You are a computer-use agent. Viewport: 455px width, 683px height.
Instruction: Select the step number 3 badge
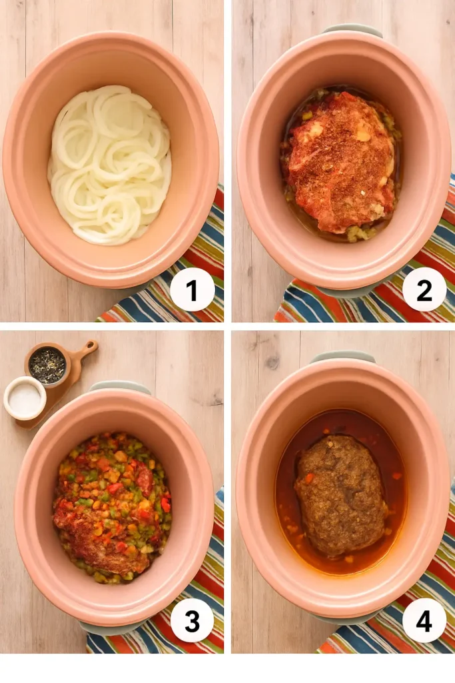[192, 621]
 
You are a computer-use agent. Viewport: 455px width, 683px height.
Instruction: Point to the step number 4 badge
[424, 620]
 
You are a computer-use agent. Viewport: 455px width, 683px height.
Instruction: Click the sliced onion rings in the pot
[110, 164]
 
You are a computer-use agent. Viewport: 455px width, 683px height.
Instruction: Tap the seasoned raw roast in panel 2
[341, 160]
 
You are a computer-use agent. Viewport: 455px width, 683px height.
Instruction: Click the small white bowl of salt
[25, 398]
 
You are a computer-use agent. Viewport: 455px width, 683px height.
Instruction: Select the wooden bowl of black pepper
[47, 365]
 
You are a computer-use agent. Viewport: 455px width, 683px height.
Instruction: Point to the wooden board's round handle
[89, 348]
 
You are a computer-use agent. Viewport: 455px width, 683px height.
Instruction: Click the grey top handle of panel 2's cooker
[352, 30]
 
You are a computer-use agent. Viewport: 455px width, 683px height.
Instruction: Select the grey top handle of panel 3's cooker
[120, 386]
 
